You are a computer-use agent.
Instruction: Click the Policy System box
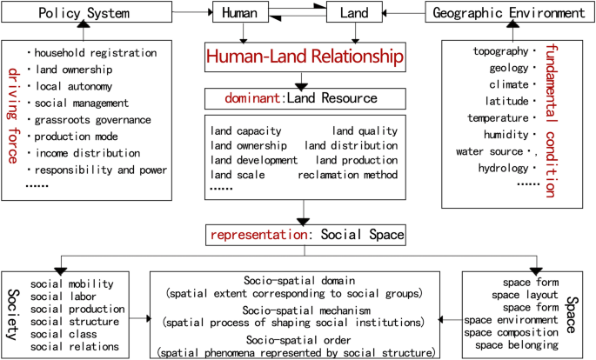pos(83,13)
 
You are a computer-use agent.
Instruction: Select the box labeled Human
pos(239,13)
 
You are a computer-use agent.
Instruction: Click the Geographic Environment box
pos(508,13)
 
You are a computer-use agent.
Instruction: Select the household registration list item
pos(96,53)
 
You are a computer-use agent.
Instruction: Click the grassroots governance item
pos(93,119)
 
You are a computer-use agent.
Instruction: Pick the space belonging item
pos(511,345)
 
